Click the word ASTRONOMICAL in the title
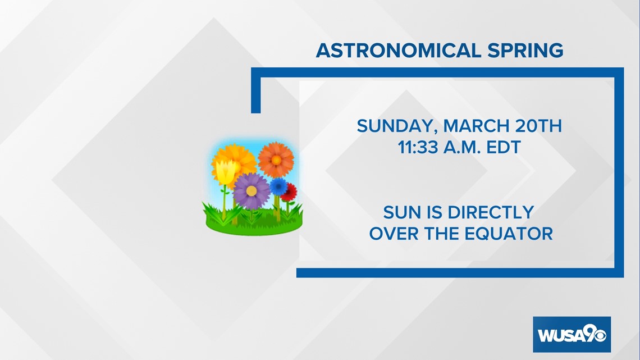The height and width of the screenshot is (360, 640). pos(399,51)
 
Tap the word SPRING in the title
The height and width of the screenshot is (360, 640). pos(525,51)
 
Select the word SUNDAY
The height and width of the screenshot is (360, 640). pos(397,126)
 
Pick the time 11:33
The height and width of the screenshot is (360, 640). pos(418,147)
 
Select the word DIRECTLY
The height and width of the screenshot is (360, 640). pos(491,212)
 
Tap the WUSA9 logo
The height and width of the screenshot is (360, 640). pos(572,334)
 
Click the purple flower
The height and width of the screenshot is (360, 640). pos(252,190)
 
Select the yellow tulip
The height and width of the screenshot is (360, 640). pos(225,171)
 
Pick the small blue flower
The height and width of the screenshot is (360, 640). pos(279,186)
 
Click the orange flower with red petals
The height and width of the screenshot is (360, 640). pos(276,160)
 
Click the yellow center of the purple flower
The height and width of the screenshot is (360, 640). pos(252,190)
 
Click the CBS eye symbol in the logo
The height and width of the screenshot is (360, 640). pos(600,336)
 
